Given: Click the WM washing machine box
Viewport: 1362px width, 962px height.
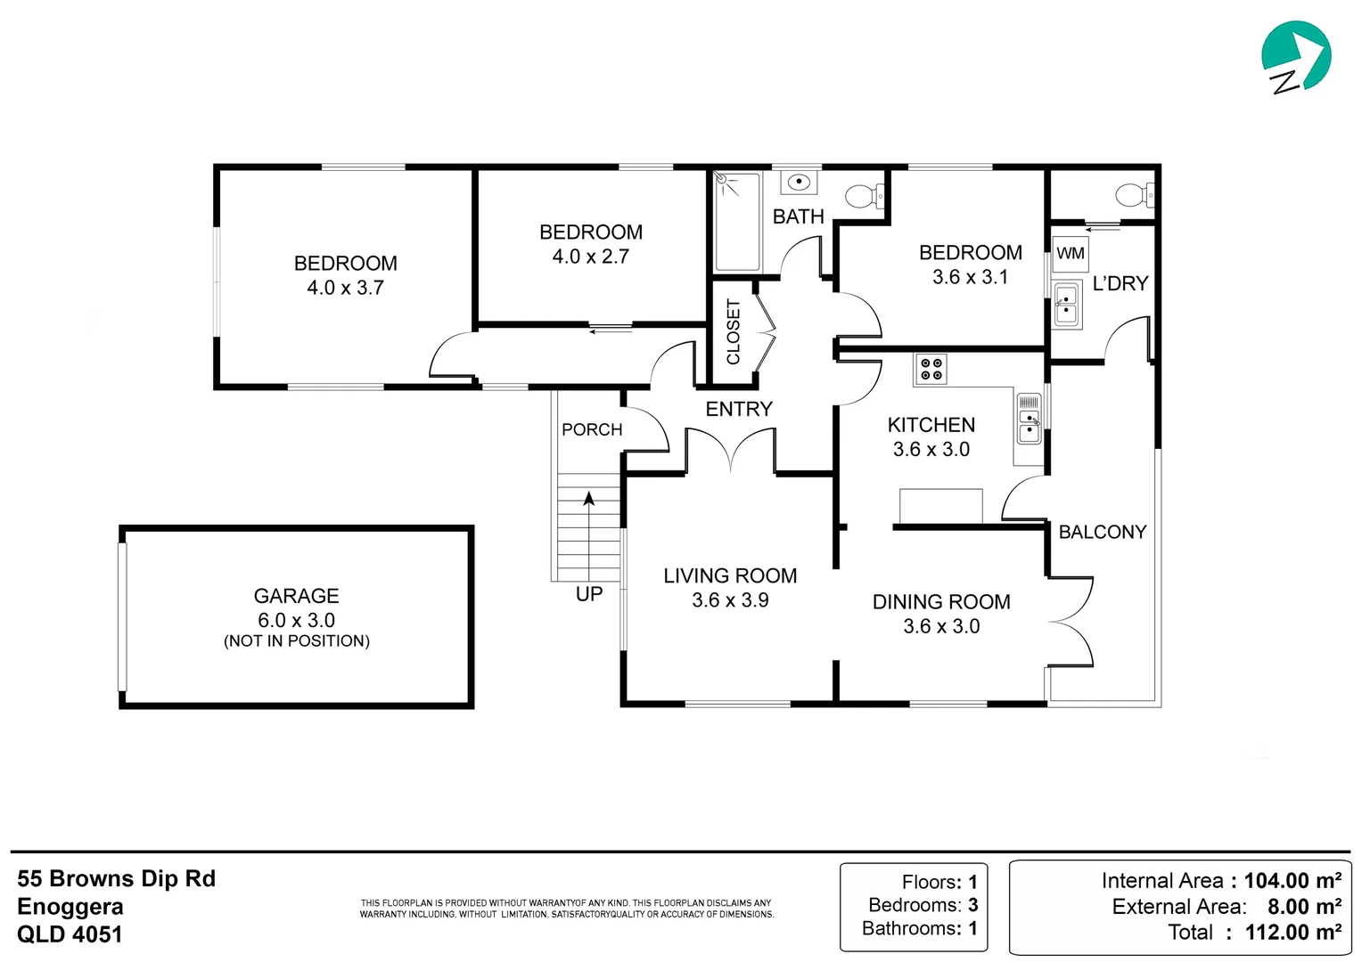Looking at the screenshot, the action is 1071,253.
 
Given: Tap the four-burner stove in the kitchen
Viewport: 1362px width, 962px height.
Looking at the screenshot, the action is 931,369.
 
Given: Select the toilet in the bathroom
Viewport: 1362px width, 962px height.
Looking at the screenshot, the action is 865,196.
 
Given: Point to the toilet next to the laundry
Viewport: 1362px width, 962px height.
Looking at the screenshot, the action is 1135,196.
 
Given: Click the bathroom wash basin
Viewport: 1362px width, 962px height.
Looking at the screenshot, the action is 799,182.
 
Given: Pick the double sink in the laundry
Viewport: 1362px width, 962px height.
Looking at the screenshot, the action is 1067,304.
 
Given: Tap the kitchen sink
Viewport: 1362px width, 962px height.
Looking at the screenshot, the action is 1029,419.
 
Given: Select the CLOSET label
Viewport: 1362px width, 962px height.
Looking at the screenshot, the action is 734,332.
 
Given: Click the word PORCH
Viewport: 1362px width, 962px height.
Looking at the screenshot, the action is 592,429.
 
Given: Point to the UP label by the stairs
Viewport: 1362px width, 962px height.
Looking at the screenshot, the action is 588,594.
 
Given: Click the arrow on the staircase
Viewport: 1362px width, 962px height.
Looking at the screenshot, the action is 588,535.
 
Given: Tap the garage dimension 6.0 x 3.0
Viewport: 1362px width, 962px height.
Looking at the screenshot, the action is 296,620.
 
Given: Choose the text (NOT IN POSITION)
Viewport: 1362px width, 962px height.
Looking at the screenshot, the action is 297,641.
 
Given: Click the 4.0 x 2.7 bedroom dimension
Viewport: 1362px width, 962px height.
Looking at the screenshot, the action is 590,257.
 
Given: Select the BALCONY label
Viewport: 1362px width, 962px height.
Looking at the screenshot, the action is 1103,532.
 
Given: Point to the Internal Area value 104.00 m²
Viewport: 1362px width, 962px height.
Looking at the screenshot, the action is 1292,881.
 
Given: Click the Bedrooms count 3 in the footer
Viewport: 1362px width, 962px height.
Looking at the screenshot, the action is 972,905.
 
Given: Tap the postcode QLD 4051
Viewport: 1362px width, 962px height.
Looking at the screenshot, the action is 70,934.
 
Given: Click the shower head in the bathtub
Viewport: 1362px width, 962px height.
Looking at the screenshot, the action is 722,179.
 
